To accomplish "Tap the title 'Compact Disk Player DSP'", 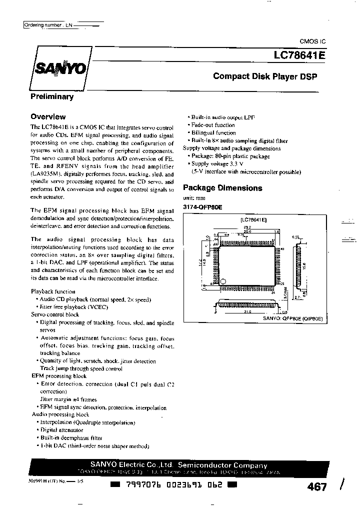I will pyautogui.click(x=265, y=76).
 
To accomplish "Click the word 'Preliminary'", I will pyautogui.click(x=52, y=96).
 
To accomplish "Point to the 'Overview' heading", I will pyautogui.click(x=48, y=116).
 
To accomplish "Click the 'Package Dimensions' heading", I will pyautogui.click(x=222, y=188).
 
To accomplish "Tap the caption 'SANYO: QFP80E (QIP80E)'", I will pyautogui.click(x=293, y=317).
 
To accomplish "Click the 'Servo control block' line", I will pyautogui.click(x=55, y=314).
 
